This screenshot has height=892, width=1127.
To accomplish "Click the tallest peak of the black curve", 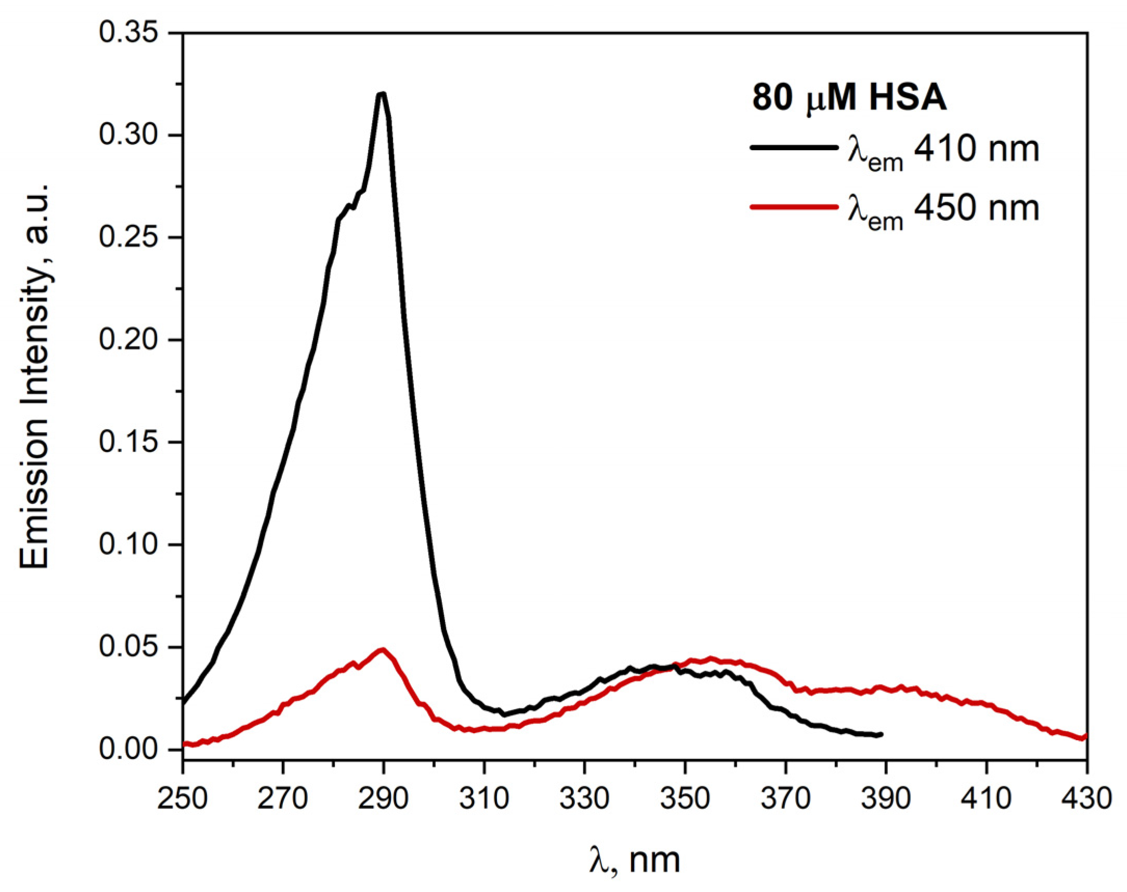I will click(x=382, y=95).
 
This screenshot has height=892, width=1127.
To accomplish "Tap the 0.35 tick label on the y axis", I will click(x=128, y=33).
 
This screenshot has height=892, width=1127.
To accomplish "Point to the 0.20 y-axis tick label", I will click(x=128, y=340).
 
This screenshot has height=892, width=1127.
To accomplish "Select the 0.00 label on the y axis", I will click(x=128, y=750).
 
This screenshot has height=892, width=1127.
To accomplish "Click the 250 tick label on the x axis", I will click(x=183, y=799).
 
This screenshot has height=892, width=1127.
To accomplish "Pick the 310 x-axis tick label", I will click(x=484, y=799).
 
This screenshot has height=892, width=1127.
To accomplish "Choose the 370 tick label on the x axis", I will click(x=785, y=799).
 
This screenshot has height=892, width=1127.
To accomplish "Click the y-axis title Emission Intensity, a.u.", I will click(x=34, y=376).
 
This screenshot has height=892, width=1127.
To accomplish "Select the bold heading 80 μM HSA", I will click(x=849, y=98).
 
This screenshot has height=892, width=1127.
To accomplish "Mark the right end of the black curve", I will click(x=881, y=734).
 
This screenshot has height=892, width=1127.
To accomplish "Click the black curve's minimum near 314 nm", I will click(x=504, y=714).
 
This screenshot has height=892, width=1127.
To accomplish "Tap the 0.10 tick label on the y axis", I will click(x=128, y=544).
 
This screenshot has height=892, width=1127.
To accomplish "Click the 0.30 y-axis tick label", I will click(x=128, y=135).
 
